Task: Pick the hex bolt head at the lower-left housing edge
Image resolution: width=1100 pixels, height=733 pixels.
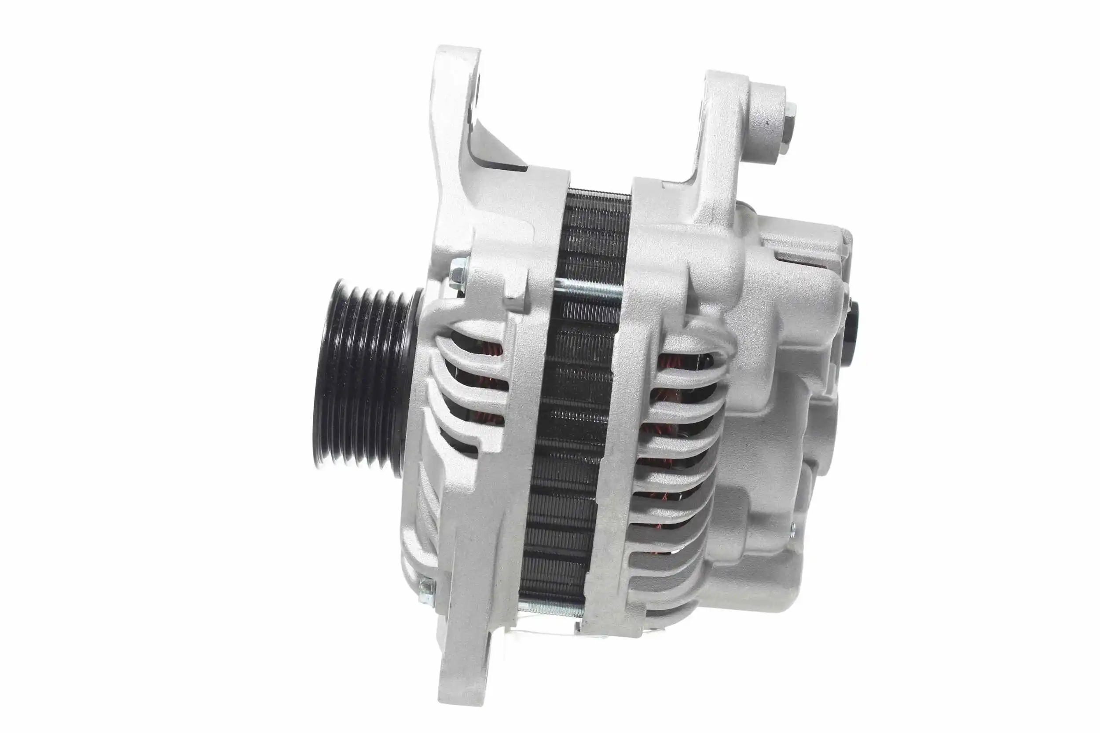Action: point(426,586)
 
